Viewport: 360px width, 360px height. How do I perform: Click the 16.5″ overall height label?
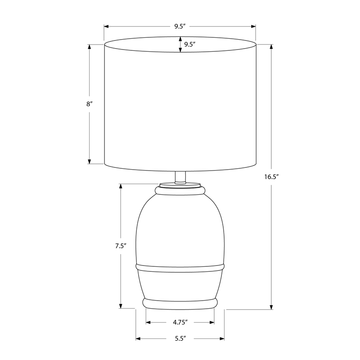pyautogui.click(x=271, y=177)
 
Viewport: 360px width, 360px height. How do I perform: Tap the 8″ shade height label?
pyautogui.click(x=89, y=104)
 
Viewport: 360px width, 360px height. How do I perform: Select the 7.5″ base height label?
pyautogui.click(x=121, y=246)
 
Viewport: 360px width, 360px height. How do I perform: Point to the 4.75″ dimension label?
pyautogui.click(x=180, y=322)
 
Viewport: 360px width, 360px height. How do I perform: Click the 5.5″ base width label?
pyautogui.click(x=180, y=338)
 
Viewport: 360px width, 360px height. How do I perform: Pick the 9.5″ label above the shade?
pyautogui.click(x=180, y=27)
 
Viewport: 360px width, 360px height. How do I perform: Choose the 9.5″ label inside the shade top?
pyautogui.click(x=189, y=45)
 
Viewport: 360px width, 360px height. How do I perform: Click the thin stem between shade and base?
pyautogui.click(x=180, y=177)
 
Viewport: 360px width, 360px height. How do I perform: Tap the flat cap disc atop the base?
pyautogui.click(x=180, y=185)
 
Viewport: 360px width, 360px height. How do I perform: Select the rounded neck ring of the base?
pyautogui.click(x=180, y=190)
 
